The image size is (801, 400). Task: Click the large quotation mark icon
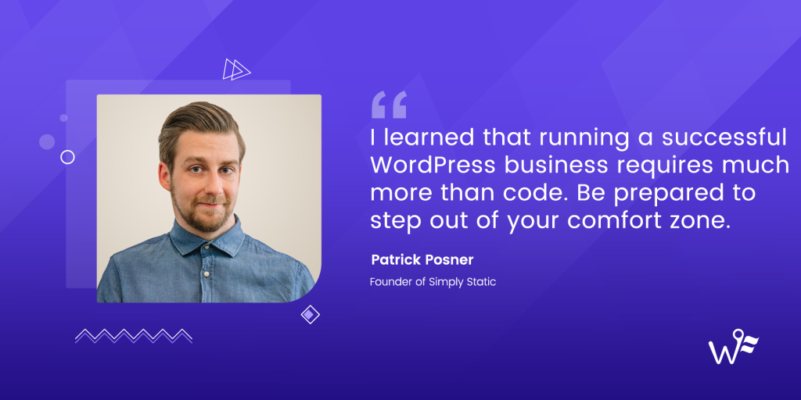(389, 104)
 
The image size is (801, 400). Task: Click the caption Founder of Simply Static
(433, 281)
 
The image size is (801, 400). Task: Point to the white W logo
(733, 348)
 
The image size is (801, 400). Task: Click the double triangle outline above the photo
(236, 70)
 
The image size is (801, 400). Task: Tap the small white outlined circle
(67, 157)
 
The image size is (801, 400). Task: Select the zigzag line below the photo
(134, 335)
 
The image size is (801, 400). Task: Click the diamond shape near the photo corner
(311, 315)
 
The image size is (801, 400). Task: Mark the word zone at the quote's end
(702, 220)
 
